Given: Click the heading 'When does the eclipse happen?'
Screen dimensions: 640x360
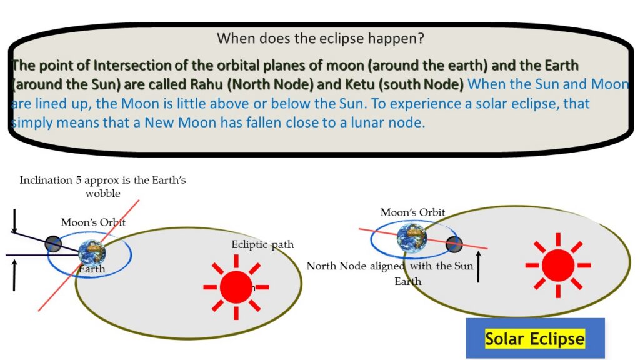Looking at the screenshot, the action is (x=321, y=38).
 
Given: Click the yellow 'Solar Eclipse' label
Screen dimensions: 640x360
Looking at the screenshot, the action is (x=535, y=339).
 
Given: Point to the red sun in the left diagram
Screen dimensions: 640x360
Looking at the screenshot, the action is (x=236, y=287).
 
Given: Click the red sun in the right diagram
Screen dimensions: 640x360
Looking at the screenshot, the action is (x=558, y=265).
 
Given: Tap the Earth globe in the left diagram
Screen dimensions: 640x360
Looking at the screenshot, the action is (x=92, y=253).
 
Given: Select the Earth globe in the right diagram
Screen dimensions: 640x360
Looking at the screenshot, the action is (x=412, y=237).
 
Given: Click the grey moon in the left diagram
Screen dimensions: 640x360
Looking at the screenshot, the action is (x=53, y=244).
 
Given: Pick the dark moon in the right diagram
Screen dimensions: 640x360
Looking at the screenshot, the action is (x=454, y=244).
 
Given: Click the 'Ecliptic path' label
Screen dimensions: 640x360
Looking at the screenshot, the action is (x=262, y=244).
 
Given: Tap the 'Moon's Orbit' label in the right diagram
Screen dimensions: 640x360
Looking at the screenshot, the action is (x=412, y=212).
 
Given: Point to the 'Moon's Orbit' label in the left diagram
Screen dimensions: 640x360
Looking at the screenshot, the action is (x=93, y=222).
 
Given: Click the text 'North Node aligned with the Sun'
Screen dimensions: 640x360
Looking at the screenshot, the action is (x=390, y=266).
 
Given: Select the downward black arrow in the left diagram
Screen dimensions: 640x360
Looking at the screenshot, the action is (x=15, y=221).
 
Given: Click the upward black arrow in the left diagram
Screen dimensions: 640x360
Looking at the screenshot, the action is (x=14, y=276).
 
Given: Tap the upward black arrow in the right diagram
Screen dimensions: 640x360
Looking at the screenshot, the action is (x=478, y=267).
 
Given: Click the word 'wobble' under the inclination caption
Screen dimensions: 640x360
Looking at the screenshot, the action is (x=103, y=194).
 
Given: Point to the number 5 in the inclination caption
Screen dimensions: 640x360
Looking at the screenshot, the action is (x=78, y=180).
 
